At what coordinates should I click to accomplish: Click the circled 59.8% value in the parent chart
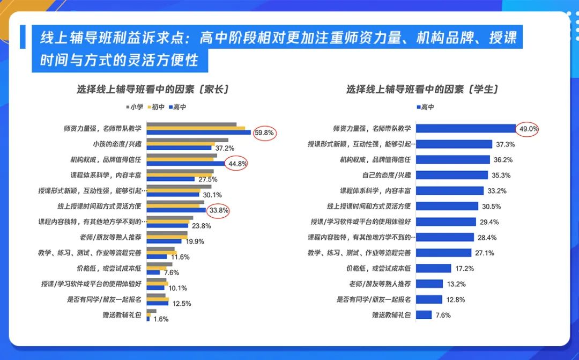point(265,133)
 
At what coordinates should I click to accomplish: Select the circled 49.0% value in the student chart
point(528,129)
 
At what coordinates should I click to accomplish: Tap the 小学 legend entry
point(135,107)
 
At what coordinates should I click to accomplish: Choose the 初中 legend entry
point(156,107)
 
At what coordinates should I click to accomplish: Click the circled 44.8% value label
point(236,164)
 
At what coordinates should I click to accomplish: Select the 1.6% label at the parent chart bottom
point(161,319)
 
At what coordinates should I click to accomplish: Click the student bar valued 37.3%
point(454,144)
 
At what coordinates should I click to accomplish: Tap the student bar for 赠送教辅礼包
point(424,315)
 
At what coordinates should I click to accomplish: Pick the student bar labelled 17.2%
point(432,268)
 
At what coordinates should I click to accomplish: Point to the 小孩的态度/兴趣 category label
point(117,144)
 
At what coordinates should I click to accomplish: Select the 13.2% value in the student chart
point(457,284)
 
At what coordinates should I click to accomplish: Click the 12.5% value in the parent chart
point(182,303)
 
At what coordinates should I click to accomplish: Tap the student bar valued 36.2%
point(453,159)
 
